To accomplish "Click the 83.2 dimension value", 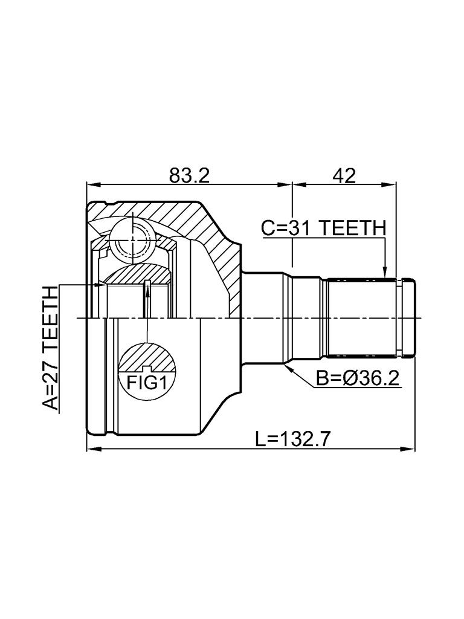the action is [x=189, y=176].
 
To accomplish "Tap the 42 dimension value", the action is [x=343, y=176].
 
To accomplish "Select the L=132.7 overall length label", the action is [x=292, y=439].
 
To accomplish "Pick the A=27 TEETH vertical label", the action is [x=51, y=349].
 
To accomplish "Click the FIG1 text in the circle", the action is [x=146, y=382].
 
